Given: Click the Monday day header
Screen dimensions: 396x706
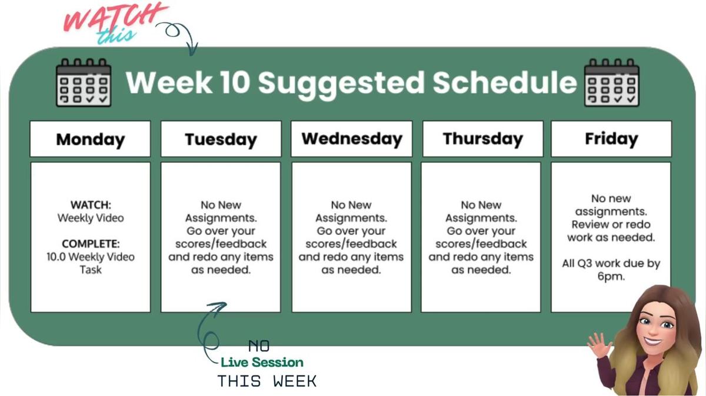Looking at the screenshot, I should click(90, 139).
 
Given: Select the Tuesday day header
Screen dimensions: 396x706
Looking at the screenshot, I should click(221, 139).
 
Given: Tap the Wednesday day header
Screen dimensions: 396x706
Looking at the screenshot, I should click(351, 139).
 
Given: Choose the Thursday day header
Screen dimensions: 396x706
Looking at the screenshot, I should click(482, 139).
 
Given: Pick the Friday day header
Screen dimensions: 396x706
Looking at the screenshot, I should click(611, 139).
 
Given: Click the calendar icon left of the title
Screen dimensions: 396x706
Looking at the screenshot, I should click(83, 82).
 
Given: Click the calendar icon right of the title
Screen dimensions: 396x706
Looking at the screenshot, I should click(611, 82).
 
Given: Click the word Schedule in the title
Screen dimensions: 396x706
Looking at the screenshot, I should click(505, 82).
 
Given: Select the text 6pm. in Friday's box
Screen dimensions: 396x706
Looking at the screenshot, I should click(611, 276).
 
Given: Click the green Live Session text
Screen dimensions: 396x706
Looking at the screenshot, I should click(262, 363).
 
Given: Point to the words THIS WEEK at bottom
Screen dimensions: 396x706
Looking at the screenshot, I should click(267, 381).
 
